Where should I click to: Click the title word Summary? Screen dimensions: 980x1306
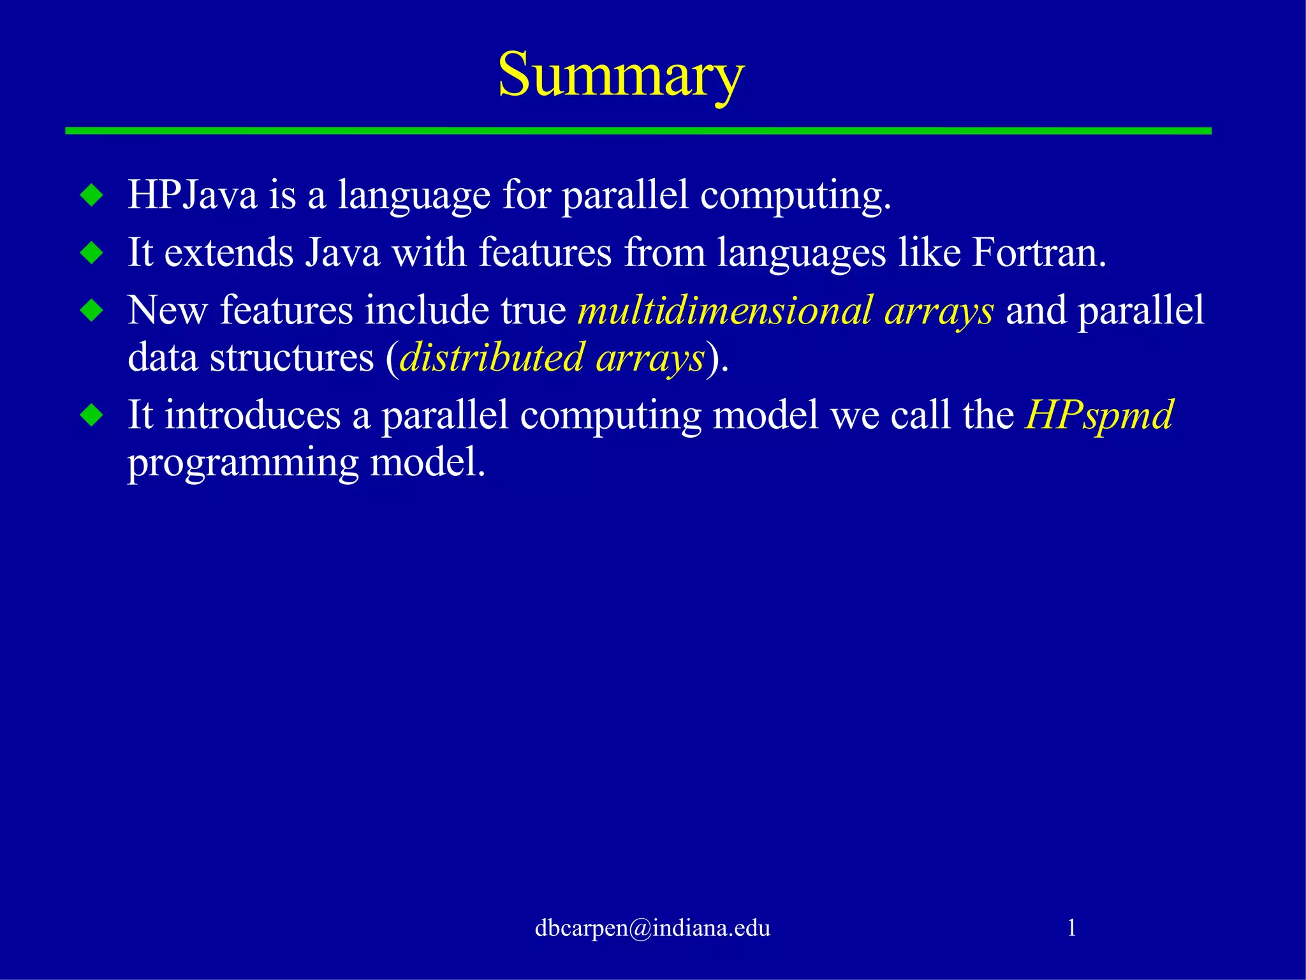pyautogui.click(x=620, y=75)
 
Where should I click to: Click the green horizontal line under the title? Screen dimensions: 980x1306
pyautogui.click(x=638, y=131)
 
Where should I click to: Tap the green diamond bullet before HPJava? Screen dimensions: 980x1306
pyautogui.click(x=92, y=195)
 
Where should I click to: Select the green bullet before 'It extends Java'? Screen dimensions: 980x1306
pyautogui.click(x=92, y=253)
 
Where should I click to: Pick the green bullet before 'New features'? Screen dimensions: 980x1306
pyautogui.click(x=92, y=311)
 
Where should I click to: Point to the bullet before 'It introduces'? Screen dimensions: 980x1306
pyautogui.click(x=92, y=416)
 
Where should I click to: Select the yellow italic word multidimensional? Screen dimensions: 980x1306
pyautogui.click(x=724, y=310)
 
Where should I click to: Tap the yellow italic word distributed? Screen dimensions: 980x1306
pyautogui.click(x=491, y=357)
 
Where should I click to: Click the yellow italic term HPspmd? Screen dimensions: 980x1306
pyautogui.click(x=1099, y=415)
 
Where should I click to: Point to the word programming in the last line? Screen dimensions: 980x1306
pyautogui.click(x=243, y=463)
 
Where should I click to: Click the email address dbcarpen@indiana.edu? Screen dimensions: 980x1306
pyautogui.click(x=652, y=928)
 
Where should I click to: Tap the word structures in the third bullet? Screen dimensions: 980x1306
pyautogui.click(x=291, y=357)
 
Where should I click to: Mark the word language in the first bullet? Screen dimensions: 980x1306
pyautogui.click(x=414, y=195)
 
